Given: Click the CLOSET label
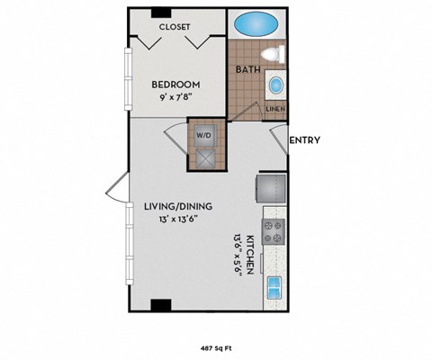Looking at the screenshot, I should tap(175, 27).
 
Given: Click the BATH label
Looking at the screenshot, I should tap(247, 69).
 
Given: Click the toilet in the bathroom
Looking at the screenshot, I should tap(277, 53).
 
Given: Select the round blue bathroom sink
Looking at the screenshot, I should tap(276, 87).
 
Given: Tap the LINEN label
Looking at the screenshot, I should tap(275, 109).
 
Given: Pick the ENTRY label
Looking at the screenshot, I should tap(305, 139).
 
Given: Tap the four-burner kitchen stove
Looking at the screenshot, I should tap(274, 232).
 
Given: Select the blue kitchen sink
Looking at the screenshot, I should tap(274, 289).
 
